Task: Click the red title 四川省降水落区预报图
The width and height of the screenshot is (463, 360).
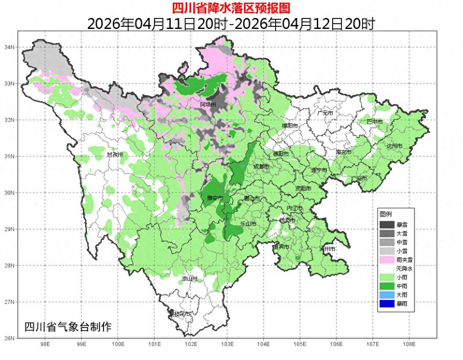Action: tap(231, 8)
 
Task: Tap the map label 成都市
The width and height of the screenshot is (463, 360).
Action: tap(262, 167)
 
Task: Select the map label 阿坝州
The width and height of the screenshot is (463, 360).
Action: tap(208, 104)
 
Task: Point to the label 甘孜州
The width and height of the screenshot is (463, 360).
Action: tap(115, 155)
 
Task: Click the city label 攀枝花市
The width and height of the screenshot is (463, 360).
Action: tap(180, 314)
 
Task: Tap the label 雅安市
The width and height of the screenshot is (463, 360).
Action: tap(215, 198)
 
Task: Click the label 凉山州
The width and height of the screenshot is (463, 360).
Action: tap(190, 279)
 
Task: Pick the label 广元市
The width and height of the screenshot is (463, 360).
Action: tap(325, 113)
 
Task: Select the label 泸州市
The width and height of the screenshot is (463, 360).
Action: tap(327, 249)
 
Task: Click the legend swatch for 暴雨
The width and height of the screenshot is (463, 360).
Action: tap(387, 303)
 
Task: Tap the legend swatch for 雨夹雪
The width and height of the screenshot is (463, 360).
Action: tap(387, 260)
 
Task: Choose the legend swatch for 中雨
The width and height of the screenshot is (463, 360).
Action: tap(387, 286)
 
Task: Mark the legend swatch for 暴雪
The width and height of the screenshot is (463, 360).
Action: tap(387, 225)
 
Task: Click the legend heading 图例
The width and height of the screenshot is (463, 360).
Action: tap(386, 214)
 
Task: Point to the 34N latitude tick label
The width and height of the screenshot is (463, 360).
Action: tap(9, 47)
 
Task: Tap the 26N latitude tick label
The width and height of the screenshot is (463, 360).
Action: tap(9, 338)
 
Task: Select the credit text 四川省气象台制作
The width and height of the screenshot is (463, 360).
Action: tap(68, 327)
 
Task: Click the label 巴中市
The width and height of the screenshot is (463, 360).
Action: tap(374, 121)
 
